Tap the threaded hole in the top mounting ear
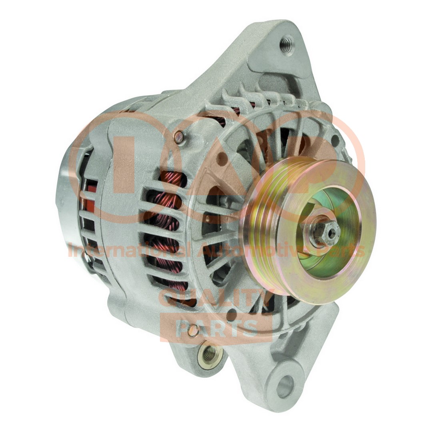[287, 44]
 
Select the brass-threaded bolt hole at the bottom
[209, 353]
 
